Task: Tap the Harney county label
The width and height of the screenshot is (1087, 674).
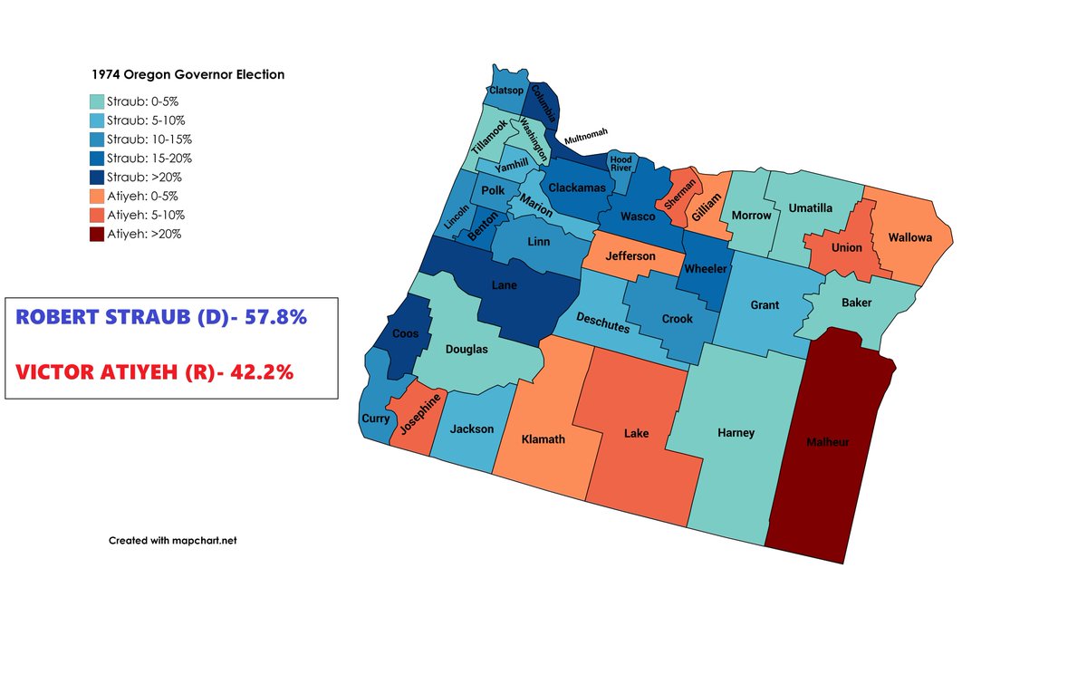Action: pyautogui.click(x=736, y=433)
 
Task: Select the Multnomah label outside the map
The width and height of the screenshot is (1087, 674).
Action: pyautogui.click(x=586, y=138)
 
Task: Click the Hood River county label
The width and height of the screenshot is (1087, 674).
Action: pyautogui.click(x=620, y=164)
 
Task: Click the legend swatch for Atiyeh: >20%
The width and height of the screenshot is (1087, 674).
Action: pyautogui.click(x=97, y=234)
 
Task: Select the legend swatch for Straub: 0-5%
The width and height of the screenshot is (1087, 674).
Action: pyautogui.click(x=97, y=101)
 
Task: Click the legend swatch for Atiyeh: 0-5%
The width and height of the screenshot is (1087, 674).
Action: pyautogui.click(x=97, y=196)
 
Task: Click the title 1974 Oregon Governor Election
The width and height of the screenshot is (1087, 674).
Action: pyautogui.click(x=187, y=75)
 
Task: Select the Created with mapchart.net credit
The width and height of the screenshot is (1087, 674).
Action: pyautogui.click(x=172, y=540)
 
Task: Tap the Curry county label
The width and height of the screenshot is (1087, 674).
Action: pyautogui.click(x=375, y=419)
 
